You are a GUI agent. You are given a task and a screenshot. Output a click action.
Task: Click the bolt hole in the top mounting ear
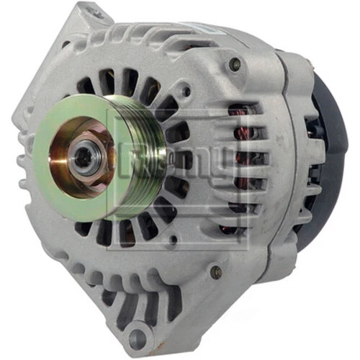coord(91,13)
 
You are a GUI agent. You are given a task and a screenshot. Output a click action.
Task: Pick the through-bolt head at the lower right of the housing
coord(215,272)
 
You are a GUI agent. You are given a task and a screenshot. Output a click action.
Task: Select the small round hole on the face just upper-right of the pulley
coord(186,93)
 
